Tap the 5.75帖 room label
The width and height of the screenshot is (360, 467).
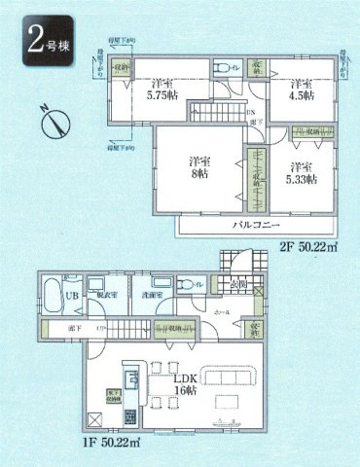tap(162, 90)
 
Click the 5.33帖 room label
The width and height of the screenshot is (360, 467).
tap(298, 171)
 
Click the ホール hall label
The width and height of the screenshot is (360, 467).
tap(222, 313)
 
